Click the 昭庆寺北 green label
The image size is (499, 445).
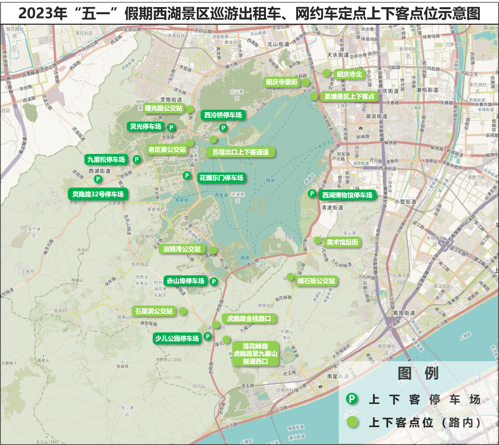[349, 75]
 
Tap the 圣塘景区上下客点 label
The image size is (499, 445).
[349, 97]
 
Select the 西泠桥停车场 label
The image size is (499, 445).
[223, 115]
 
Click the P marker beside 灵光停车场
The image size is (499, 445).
[171, 127]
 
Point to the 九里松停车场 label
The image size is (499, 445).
[106, 159]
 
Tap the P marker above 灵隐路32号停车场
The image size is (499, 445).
[98, 179]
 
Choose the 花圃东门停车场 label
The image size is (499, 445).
[221, 178]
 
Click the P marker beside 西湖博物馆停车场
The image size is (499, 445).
[312, 194]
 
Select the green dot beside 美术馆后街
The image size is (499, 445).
[318, 240]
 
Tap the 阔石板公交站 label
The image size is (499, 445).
[316, 281]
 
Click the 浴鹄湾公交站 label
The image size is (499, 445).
[182, 249]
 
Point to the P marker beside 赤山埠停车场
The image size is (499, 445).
[214, 282]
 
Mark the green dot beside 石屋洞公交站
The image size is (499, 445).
[182, 311]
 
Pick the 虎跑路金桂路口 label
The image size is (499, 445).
[249, 318]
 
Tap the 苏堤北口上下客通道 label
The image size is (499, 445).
[241, 152]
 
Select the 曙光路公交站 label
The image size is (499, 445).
[164, 108]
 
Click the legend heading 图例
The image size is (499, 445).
[418, 373]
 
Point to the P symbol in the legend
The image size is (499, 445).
[352, 399]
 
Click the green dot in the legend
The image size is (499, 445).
[352, 422]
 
